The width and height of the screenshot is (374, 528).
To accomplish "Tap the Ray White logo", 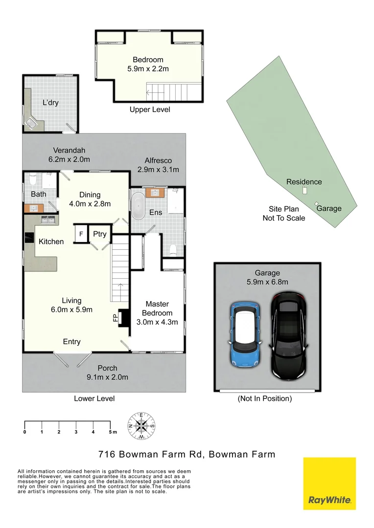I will (x=329, y=484).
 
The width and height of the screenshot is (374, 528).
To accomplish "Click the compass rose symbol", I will (x=141, y=424).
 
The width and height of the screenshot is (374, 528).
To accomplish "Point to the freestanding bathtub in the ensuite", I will (x=138, y=207).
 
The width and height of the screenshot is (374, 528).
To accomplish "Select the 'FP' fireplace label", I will (x=116, y=318).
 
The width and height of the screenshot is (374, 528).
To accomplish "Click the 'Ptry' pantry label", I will (x=100, y=234).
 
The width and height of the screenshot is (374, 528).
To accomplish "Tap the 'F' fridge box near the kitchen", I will (x=81, y=234).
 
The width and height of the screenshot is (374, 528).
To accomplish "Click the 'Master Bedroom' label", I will (x=157, y=308).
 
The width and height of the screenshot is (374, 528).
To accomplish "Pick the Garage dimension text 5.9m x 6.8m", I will (x=267, y=282).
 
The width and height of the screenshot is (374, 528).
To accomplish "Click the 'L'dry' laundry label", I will (x=50, y=103).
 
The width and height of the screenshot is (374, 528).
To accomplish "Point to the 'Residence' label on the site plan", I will (x=304, y=182).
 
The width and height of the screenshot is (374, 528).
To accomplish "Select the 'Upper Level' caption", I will (x=150, y=110).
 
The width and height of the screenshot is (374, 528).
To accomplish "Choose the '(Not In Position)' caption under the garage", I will (x=264, y=398).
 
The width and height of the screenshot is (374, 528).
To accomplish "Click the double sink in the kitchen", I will (x=47, y=220).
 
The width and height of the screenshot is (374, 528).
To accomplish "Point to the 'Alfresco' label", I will (x=158, y=160).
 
